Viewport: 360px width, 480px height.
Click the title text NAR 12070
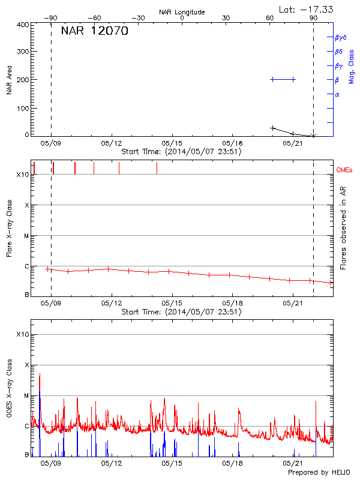click(x=94, y=31)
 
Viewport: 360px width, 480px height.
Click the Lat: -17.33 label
click(x=307, y=9)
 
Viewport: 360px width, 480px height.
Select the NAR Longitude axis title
click(x=182, y=12)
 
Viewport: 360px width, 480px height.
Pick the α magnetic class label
click(x=337, y=94)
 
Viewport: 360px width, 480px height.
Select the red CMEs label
click(x=344, y=170)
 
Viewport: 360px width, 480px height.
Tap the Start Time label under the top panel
click(x=181, y=152)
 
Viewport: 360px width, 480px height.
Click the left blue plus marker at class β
click(x=272, y=79)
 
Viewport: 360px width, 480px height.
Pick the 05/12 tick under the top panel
click(x=112, y=144)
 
